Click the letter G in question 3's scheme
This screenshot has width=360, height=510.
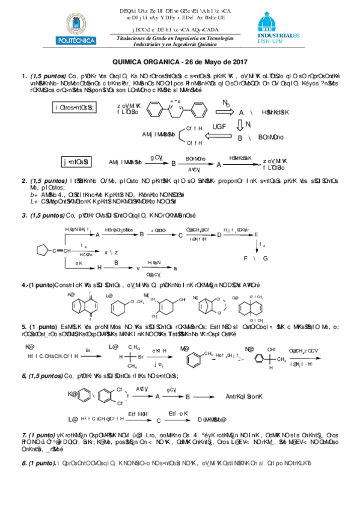(x=266, y=257)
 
